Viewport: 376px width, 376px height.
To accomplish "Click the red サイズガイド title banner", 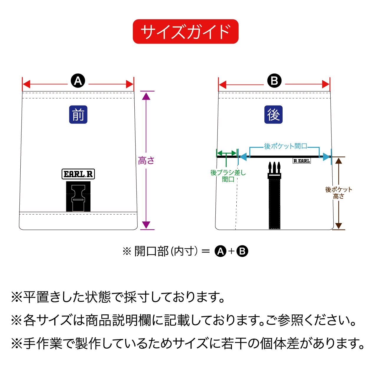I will (x=185, y=32).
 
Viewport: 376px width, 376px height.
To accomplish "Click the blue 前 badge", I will (x=78, y=114).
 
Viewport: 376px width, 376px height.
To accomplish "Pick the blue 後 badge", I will (x=273, y=114).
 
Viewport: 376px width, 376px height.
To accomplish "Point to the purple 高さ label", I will (x=146, y=161).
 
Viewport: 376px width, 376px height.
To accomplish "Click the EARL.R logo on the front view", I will (x=78, y=174).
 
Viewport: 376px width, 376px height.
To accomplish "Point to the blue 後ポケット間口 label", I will (x=285, y=146).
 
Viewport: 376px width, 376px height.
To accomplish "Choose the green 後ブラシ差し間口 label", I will (x=228, y=176).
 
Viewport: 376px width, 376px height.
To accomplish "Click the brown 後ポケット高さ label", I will (x=339, y=193).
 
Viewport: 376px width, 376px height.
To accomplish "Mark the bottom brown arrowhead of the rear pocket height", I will (x=339, y=225).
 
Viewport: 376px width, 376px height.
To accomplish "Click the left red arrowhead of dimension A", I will (x=26, y=85).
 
